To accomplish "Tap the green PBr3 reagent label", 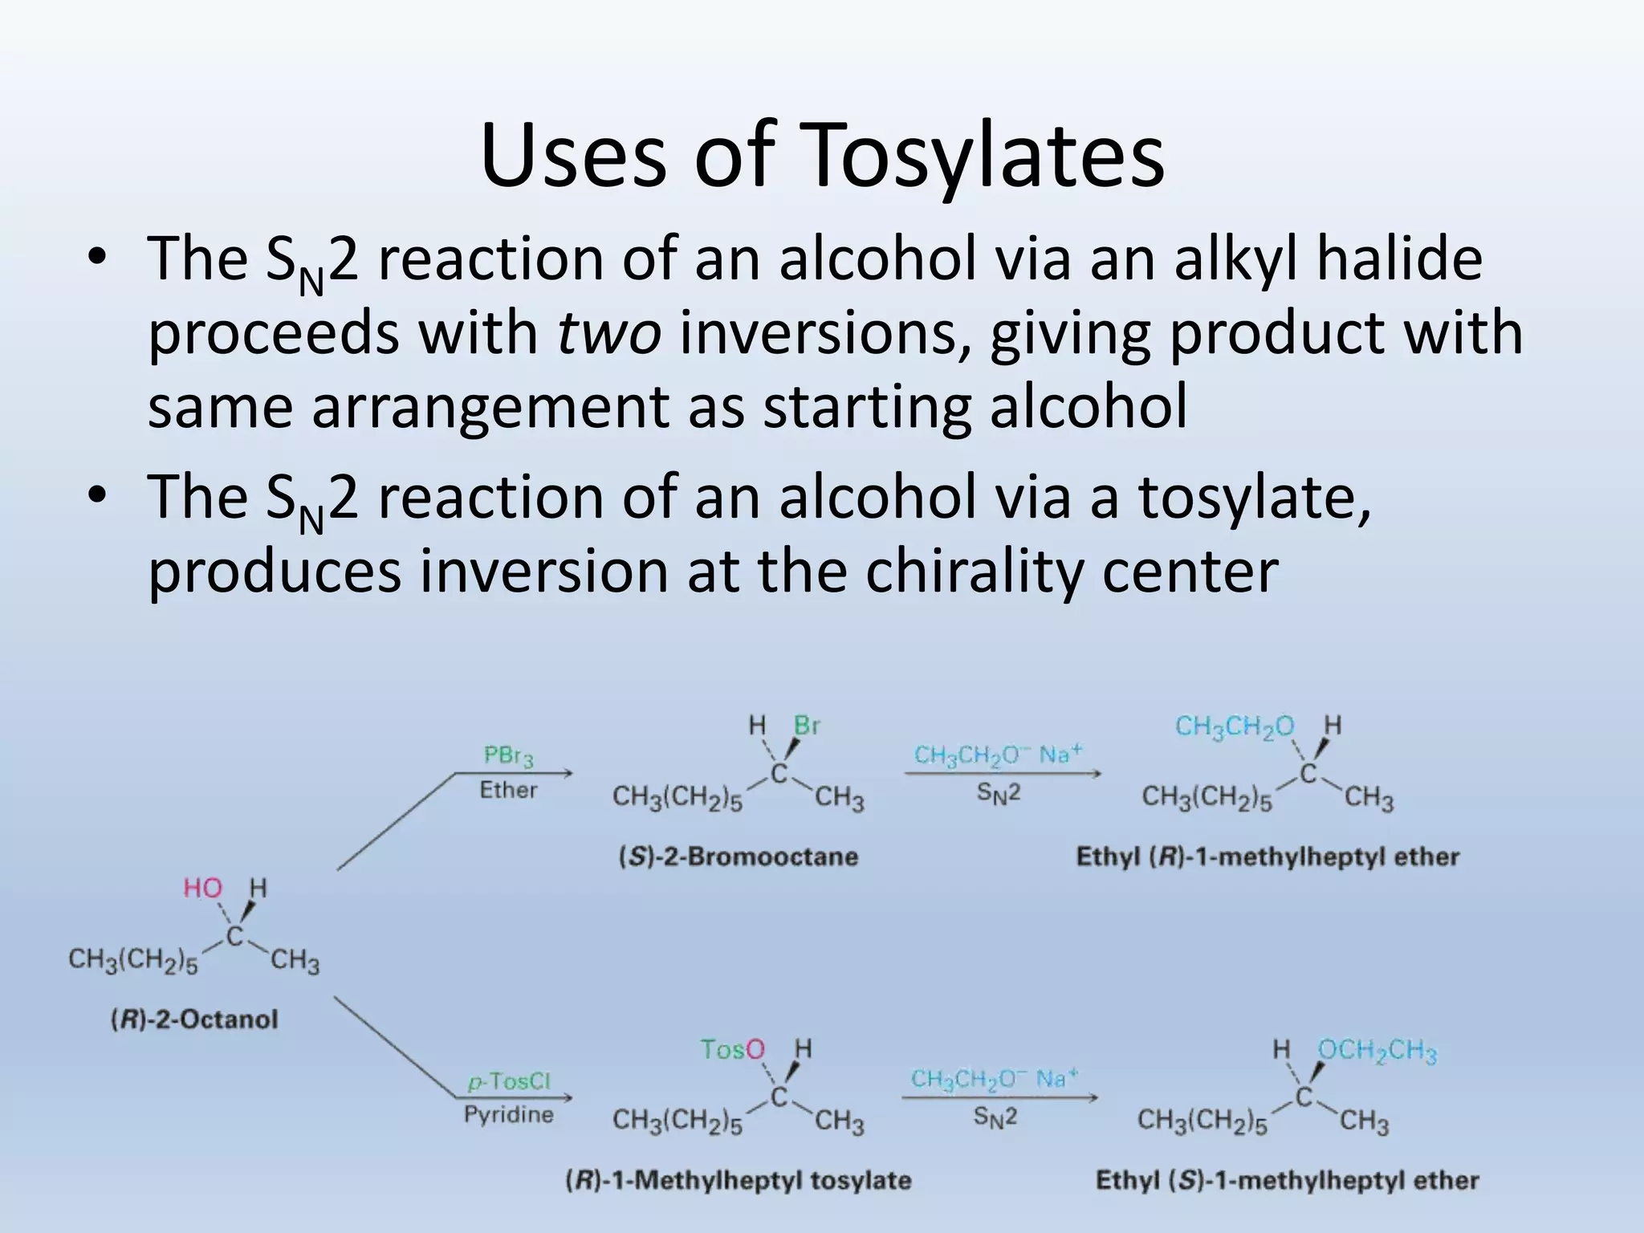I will point(509,756).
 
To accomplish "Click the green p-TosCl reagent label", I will point(509,1081).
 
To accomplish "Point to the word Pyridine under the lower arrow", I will point(509,1114).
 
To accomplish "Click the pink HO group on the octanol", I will point(203,888).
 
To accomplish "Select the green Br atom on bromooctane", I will point(807,726).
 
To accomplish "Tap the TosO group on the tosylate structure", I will point(733,1049).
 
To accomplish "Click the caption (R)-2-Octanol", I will point(194,1019).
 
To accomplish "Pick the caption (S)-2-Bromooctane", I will point(738,857).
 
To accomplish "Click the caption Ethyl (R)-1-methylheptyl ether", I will point(1268,857).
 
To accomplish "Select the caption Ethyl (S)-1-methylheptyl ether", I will point(1287,1180).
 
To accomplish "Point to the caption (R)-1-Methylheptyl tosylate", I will point(739,1180).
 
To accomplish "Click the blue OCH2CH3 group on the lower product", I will point(1377,1051).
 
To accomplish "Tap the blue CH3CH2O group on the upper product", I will point(1235,726).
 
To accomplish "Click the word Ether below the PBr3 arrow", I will point(509,790).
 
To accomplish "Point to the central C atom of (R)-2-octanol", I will point(234,935).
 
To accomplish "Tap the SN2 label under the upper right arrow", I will point(998,793).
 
